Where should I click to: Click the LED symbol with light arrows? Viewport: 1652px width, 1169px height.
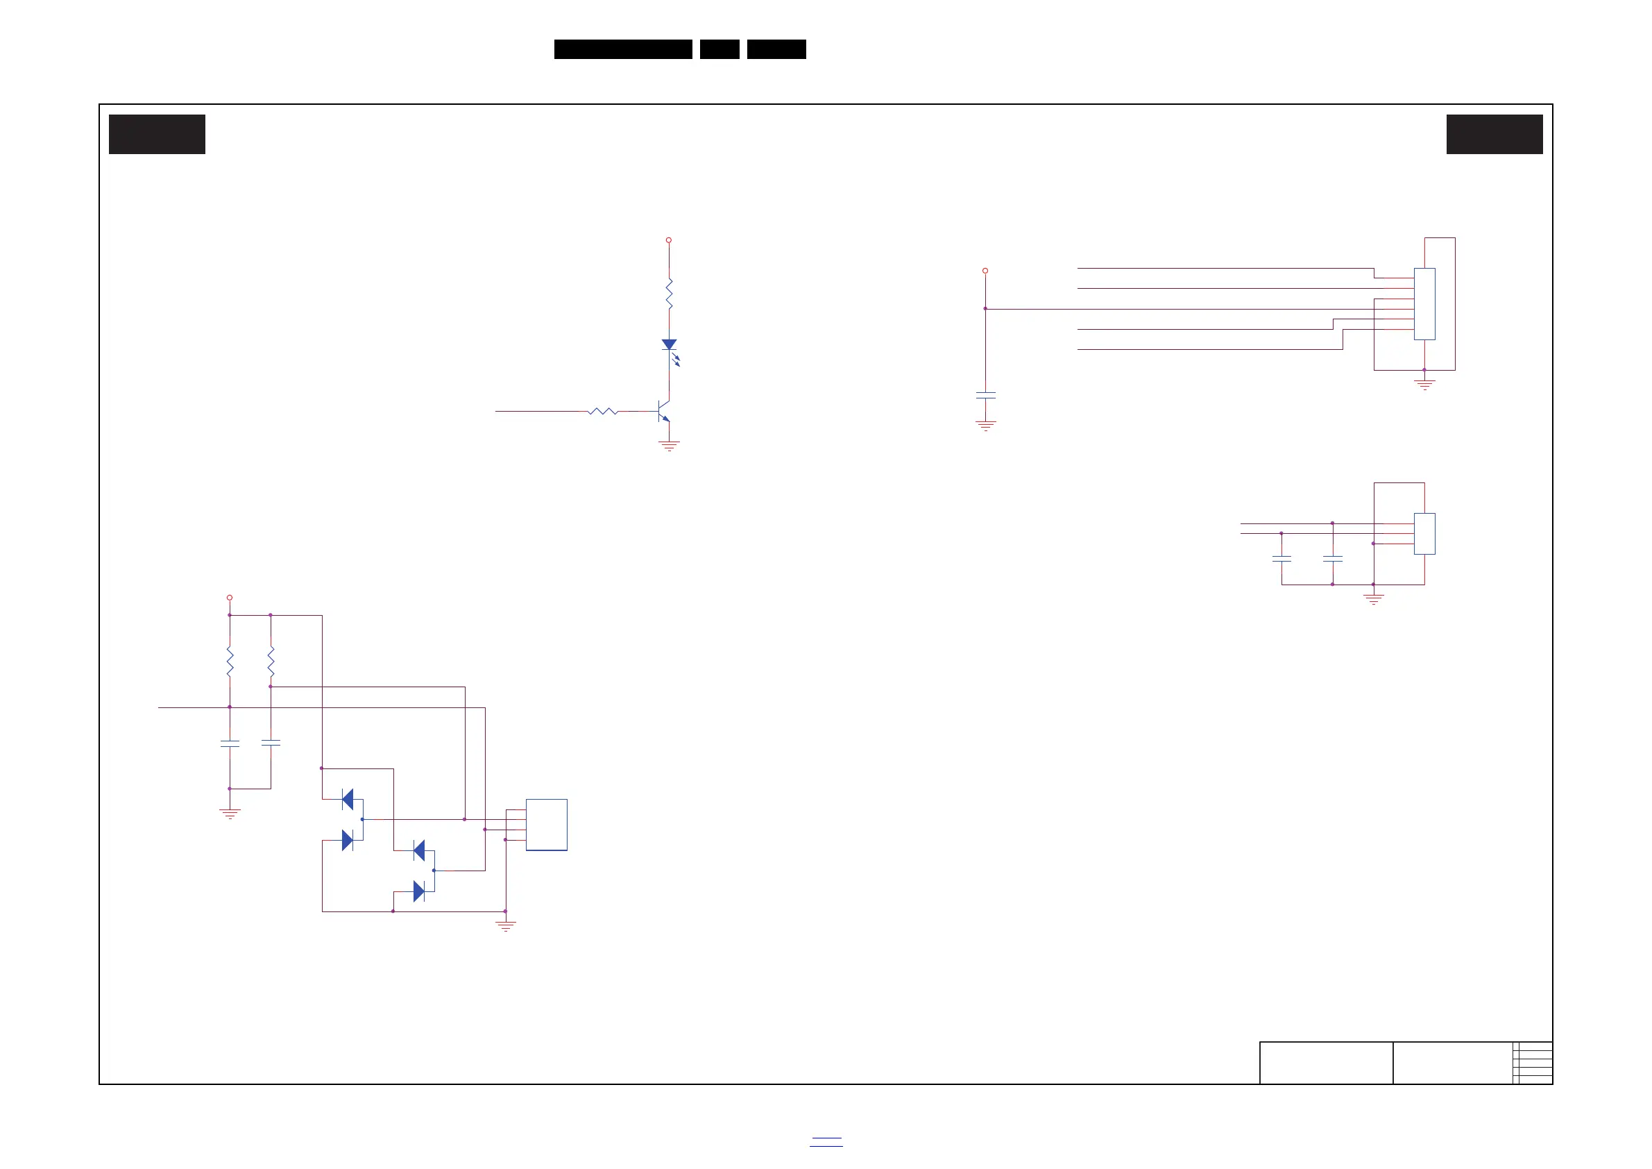pyautogui.click(x=669, y=346)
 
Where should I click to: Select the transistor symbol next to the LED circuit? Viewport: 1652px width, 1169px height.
pyautogui.click(x=663, y=411)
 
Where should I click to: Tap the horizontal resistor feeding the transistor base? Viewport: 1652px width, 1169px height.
pyautogui.click(x=603, y=411)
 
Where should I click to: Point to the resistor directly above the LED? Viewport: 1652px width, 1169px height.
pyautogui.click(x=669, y=294)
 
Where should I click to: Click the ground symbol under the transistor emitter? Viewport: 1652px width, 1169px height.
pyautogui.click(x=669, y=446)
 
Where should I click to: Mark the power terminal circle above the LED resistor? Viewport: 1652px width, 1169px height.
pyautogui.click(x=668, y=240)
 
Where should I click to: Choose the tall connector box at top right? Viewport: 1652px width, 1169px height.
pyautogui.click(x=1424, y=304)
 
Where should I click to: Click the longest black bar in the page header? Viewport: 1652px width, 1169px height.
pyautogui.click(x=623, y=49)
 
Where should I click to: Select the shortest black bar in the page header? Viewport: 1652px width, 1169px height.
pyautogui.click(x=719, y=49)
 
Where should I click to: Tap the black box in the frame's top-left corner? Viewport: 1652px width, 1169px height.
pyautogui.click(x=157, y=134)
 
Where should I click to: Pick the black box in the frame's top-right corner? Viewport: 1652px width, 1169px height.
pyautogui.click(x=1495, y=134)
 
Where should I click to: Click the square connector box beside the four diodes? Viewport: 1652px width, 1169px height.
pyautogui.click(x=546, y=825)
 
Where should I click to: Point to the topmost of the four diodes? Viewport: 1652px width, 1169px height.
pyautogui.click(x=348, y=799)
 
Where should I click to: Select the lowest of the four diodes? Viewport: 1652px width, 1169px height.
pyautogui.click(x=419, y=892)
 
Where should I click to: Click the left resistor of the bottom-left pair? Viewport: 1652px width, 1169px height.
pyautogui.click(x=230, y=662)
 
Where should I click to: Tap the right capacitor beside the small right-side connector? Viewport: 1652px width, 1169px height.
pyautogui.click(x=1333, y=558)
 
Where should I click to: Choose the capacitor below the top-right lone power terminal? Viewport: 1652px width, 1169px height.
pyautogui.click(x=986, y=395)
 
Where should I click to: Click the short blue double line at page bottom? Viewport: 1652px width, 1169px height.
pyautogui.click(x=826, y=1142)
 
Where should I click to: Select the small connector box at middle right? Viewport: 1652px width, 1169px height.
pyautogui.click(x=1424, y=533)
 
